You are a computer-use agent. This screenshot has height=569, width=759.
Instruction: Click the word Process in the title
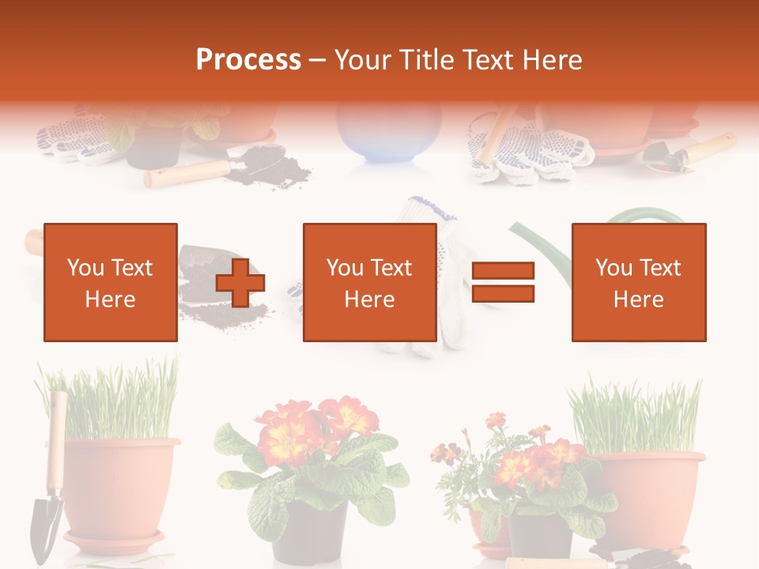pyautogui.click(x=248, y=59)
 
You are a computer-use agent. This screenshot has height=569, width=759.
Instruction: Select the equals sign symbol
pyautogui.click(x=503, y=282)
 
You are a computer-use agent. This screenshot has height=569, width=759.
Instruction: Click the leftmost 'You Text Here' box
pyautogui.click(x=111, y=282)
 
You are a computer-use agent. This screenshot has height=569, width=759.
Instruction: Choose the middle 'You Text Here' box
pyautogui.click(x=370, y=282)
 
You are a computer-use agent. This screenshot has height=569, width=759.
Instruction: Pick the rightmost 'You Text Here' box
pyautogui.click(x=639, y=282)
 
